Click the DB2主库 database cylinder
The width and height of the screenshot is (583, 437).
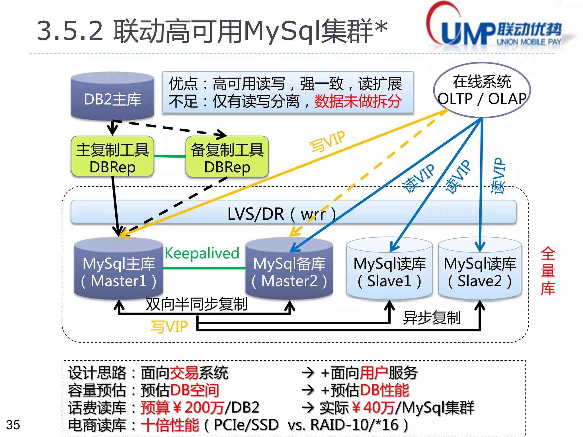click(112, 97)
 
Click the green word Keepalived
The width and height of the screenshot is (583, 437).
click(202, 253)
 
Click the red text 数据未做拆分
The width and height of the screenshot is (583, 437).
click(358, 101)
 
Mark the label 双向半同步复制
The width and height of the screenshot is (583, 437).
click(196, 304)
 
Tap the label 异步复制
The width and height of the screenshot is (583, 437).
click(432, 318)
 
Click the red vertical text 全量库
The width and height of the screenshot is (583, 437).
click(548, 271)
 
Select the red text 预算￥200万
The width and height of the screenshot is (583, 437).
click(182, 407)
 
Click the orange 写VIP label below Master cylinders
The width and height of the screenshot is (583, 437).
click(169, 327)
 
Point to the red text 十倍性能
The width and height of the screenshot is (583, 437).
click(170, 425)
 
